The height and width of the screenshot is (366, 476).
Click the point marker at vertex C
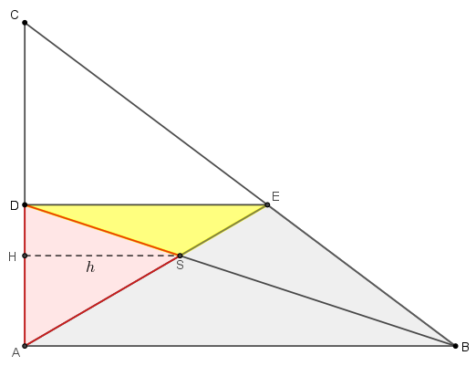point(25,23)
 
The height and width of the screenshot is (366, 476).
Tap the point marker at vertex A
point(25,346)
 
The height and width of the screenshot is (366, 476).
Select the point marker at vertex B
point(455,346)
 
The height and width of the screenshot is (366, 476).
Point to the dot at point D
point(25,204)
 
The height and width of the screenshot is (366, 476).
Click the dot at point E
point(267,204)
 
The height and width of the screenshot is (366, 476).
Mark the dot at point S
point(180,256)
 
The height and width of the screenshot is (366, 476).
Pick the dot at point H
point(25,256)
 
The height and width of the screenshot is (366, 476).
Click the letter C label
point(15,15)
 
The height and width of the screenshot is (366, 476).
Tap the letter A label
point(16,353)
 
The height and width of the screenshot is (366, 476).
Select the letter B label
point(465,347)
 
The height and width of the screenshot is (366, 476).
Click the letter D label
point(15,206)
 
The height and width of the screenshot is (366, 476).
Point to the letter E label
point(275,196)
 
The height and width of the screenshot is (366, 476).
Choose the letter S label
point(180,265)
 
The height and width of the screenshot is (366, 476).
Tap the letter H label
point(12,257)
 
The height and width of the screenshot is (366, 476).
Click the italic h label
point(90,267)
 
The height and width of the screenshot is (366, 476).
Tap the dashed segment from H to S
point(102,256)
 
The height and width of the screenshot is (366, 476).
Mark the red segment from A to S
point(102,300)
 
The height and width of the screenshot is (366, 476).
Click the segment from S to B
point(317,300)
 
